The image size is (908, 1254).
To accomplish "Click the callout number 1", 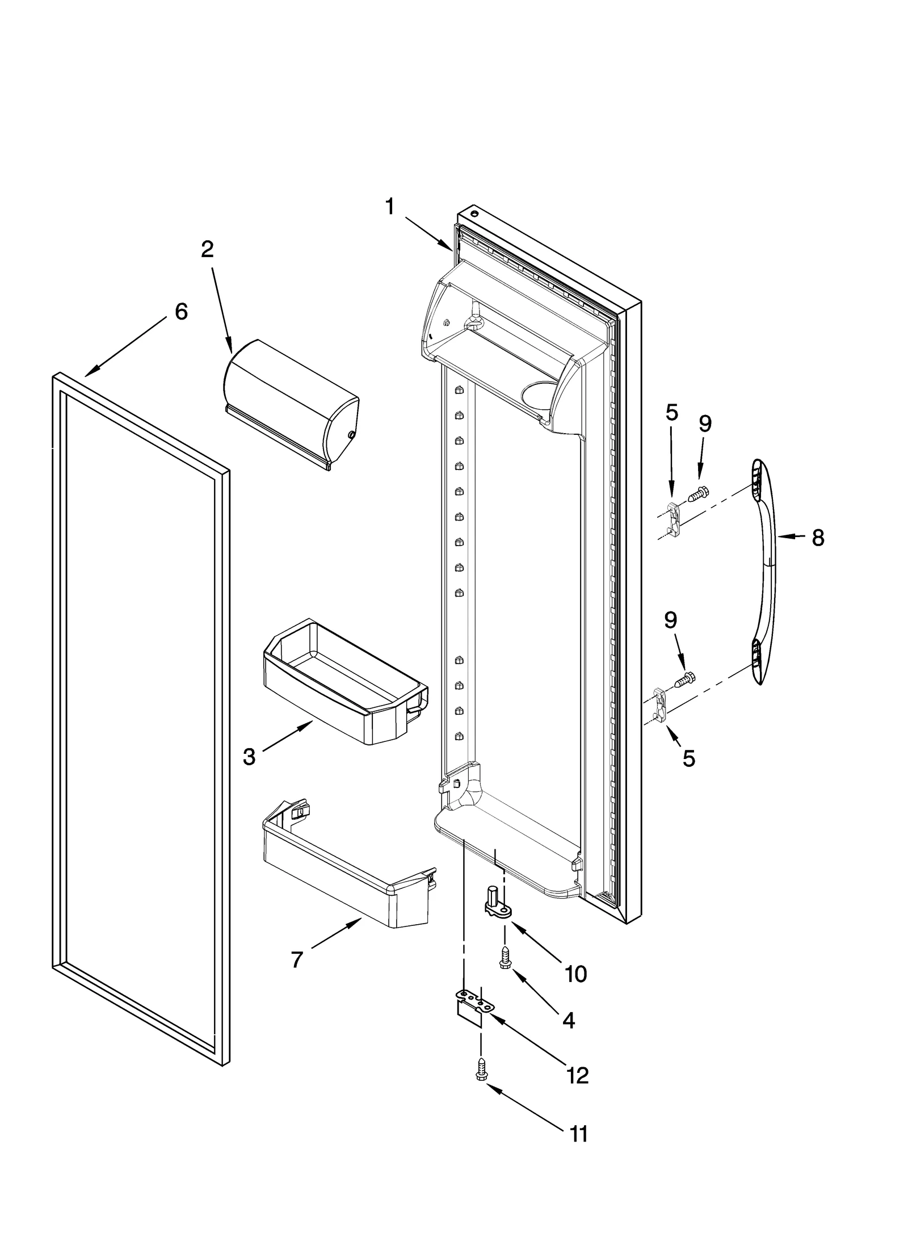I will point(389,207).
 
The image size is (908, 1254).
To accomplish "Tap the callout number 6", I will point(181,311).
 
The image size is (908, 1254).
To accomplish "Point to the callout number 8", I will point(817,538).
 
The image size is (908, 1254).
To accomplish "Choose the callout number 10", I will point(575,974).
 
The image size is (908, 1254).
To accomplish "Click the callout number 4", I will point(568,1020).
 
